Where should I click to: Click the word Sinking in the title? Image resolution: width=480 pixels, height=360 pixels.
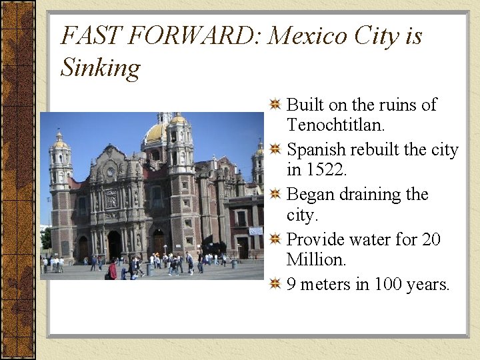pos(100,68)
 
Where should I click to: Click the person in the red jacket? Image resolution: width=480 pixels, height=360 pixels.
pos(113,270)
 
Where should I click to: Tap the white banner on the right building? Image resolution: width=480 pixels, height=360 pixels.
pos(256,231)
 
